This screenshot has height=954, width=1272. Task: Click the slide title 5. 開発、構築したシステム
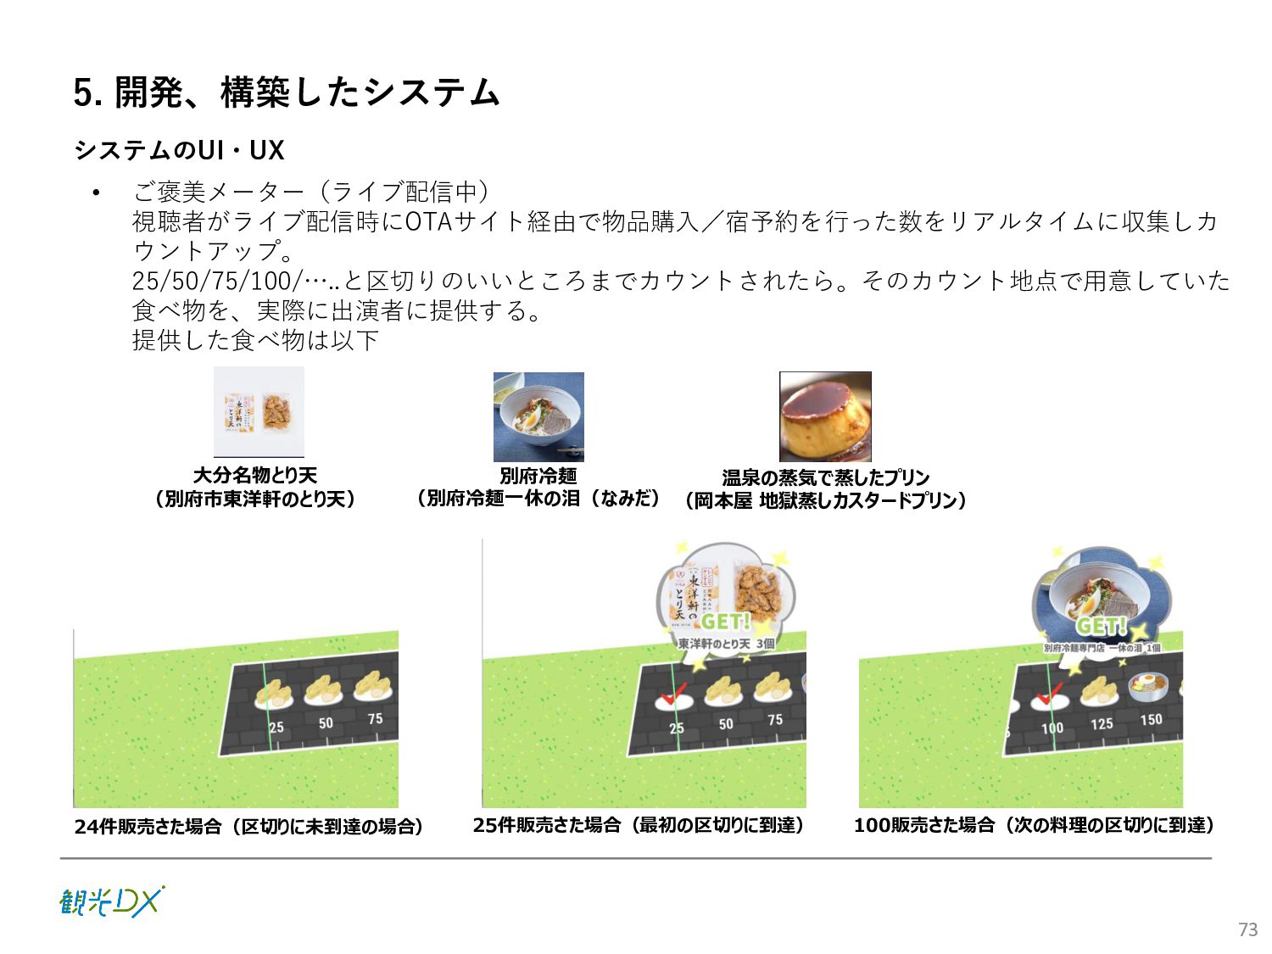(287, 92)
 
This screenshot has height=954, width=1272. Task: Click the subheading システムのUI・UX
(179, 150)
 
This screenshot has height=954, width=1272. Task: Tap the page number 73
(1247, 929)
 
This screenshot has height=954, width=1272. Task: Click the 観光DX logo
(111, 901)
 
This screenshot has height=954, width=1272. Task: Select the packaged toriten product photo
(259, 412)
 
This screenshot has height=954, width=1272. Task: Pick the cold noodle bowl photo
(538, 416)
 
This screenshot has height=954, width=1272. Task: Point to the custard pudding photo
(825, 416)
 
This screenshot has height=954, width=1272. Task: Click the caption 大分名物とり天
(254, 475)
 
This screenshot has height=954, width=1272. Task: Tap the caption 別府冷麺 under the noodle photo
(538, 476)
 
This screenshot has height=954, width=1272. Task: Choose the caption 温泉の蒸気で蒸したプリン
(825, 477)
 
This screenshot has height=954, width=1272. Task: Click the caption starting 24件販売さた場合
(248, 826)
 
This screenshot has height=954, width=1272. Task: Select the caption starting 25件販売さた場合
(638, 825)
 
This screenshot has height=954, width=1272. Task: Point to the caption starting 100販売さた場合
(1035, 825)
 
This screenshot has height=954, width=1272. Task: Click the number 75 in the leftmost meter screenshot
(375, 719)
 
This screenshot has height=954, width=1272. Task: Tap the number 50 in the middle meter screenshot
(726, 724)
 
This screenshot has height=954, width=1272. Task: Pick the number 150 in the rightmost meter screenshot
(1151, 720)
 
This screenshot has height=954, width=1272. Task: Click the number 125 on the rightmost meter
(1102, 724)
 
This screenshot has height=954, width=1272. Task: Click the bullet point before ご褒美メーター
(97, 192)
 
